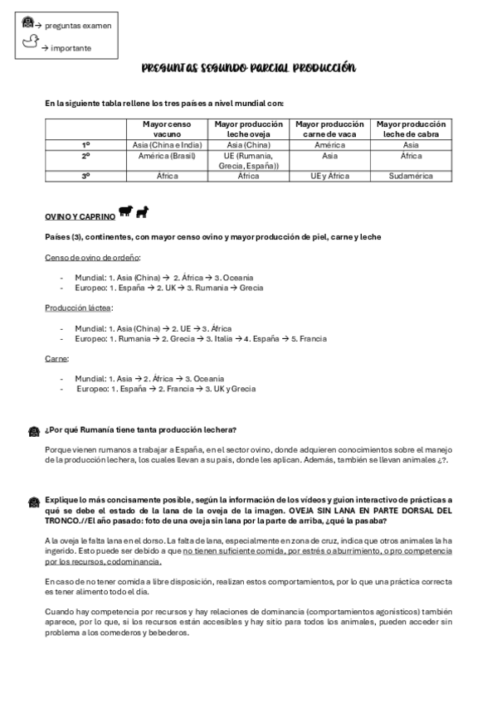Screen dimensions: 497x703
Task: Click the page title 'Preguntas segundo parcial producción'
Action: pos(248,69)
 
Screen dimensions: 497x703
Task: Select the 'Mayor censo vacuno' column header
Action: pos(168,128)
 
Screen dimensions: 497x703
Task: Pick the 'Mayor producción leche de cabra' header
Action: pos(411,128)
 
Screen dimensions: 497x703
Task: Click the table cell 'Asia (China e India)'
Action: pos(168,144)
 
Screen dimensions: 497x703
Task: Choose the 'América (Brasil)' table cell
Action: pos(168,155)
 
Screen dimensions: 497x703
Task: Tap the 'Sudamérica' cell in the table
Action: pos(411,176)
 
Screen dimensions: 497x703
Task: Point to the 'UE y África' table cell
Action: pos(329,176)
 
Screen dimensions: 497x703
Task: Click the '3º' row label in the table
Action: pos(86,176)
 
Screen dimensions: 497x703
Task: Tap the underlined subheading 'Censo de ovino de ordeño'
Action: pos(91,258)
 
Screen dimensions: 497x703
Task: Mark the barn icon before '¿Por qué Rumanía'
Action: pos(33,431)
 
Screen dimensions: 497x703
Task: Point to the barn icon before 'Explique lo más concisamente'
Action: pos(33,502)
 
